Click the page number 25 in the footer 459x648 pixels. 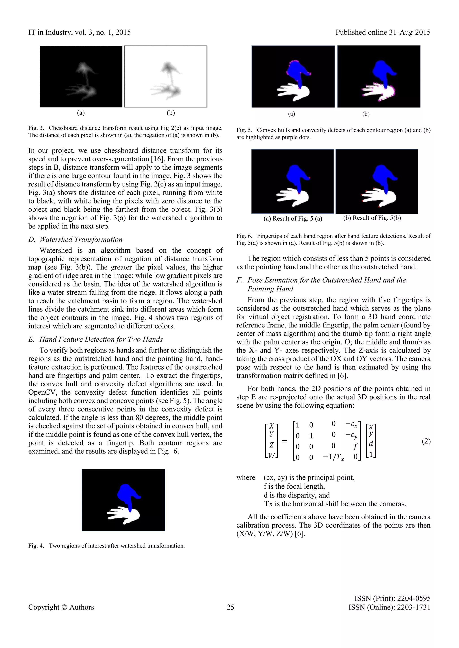point(230,607)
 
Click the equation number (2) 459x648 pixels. point(426,441)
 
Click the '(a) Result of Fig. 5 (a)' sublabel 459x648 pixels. point(292,219)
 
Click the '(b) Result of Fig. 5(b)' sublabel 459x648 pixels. point(372,218)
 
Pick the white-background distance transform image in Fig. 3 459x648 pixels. point(166,77)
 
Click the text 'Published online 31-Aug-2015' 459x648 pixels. point(383,32)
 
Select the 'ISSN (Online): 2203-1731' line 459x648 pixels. point(389,607)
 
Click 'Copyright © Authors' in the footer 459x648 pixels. point(61,607)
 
